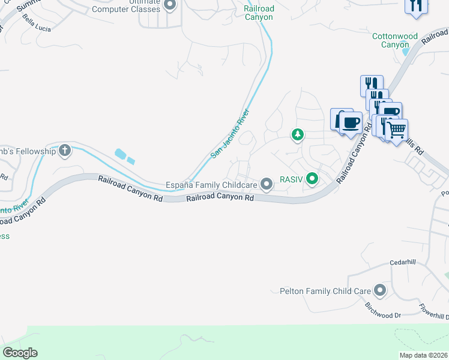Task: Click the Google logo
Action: tap(20, 353)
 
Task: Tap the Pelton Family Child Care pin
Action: tap(379, 291)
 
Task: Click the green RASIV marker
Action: tap(312, 178)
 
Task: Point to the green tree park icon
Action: tap(297, 134)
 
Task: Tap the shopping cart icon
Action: tap(397, 129)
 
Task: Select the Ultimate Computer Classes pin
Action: tap(169, 5)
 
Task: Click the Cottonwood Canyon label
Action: tap(394, 40)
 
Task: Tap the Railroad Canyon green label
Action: tap(259, 13)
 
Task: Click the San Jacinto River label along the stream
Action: tap(230, 137)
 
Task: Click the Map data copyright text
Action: tap(423, 355)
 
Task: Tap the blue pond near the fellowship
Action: tap(123, 155)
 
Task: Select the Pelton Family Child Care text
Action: tap(325, 291)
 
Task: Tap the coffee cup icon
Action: tap(351, 123)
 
